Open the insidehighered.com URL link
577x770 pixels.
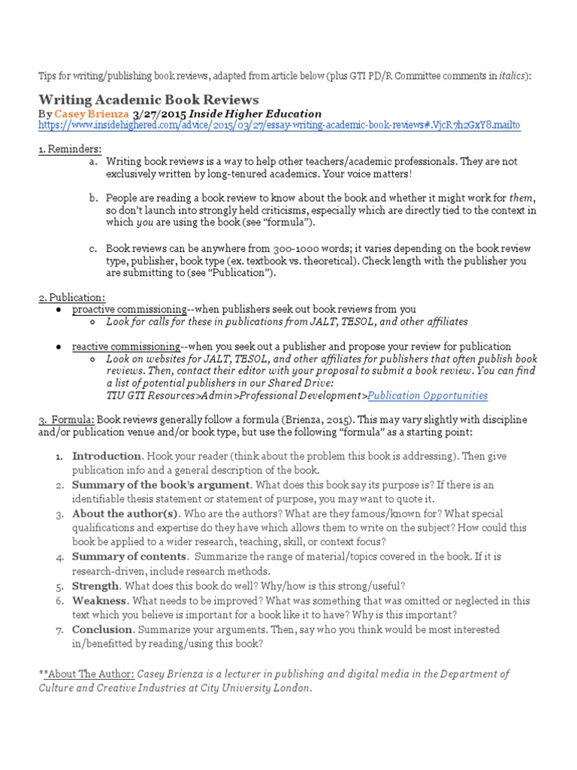[279, 125]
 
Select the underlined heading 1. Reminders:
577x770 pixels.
[70, 149]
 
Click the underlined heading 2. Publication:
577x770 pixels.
[72, 297]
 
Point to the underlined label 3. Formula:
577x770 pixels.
[67, 419]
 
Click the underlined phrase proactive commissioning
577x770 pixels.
[128, 309]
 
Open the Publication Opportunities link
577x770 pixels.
[427, 396]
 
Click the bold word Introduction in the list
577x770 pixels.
[106, 456]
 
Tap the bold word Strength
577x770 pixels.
[95, 585]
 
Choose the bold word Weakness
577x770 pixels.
[99, 601]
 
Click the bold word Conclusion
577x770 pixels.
[102, 629]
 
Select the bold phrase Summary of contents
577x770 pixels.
[128, 556]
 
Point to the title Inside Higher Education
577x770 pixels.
[256, 114]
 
